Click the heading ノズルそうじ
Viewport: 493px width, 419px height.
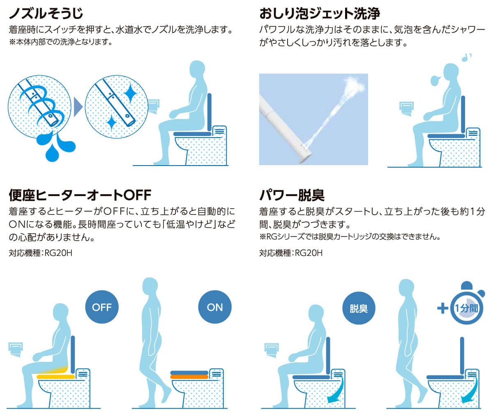[46, 13]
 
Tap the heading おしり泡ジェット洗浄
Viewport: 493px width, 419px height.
[320, 13]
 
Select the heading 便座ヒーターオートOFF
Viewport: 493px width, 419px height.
[80, 195]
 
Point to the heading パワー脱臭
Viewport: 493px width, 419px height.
[292, 195]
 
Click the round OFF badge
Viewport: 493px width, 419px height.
[102, 307]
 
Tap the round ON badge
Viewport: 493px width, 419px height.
[215, 307]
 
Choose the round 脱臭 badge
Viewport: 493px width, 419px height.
[359, 308]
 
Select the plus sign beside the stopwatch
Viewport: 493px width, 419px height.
[443, 308]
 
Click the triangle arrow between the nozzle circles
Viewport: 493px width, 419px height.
[78, 107]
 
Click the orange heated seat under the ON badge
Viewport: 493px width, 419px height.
[189, 377]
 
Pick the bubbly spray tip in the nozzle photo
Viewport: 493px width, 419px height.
[354, 85]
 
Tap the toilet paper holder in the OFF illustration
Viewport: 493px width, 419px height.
[16, 350]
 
